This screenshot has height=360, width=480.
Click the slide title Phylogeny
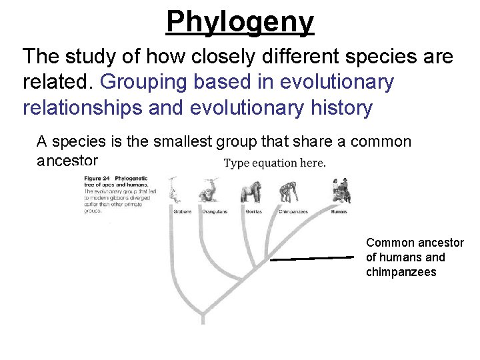(x=239, y=21)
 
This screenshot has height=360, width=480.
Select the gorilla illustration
(x=251, y=192)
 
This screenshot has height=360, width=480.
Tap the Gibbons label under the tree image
(x=182, y=212)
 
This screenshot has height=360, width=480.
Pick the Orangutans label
(x=215, y=212)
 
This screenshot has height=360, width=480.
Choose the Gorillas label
(x=253, y=212)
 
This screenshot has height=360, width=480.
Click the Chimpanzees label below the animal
(x=293, y=212)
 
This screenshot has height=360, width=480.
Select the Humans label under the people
(x=339, y=212)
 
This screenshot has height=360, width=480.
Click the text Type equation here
(x=274, y=163)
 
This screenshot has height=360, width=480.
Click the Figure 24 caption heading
(x=98, y=179)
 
